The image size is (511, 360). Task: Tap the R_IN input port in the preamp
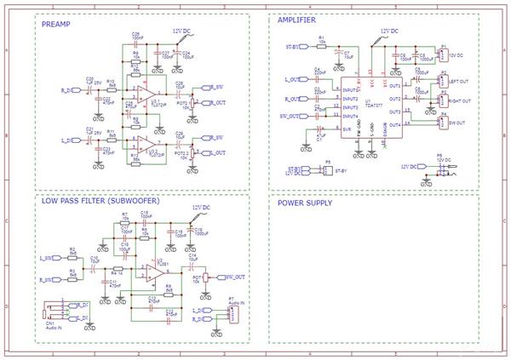[x=68, y=88]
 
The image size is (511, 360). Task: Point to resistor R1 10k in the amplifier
[x=321, y=43]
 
